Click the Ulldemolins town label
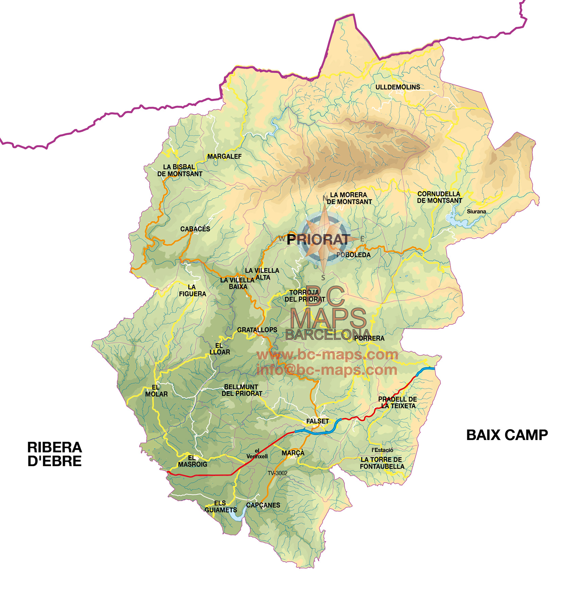click(398, 87)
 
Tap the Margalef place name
click(224, 156)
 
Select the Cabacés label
click(195, 229)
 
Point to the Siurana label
click(476, 211)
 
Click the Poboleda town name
click(353, 255)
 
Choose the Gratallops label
click(257, 330)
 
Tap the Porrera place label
click(369, 338)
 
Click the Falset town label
click(317, 421)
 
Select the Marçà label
click(293, 453)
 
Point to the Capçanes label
click(263, 505)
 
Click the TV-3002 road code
click(277, 473)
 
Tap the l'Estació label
click(382, 450)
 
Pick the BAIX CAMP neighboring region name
click(507, 435)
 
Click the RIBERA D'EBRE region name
click(54, 454)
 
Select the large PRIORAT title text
click(318, 239)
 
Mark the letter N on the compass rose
click(325, 198)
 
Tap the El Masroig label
click(192, 461)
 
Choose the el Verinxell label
click(257, 454)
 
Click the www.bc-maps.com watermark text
click(327, 354)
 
